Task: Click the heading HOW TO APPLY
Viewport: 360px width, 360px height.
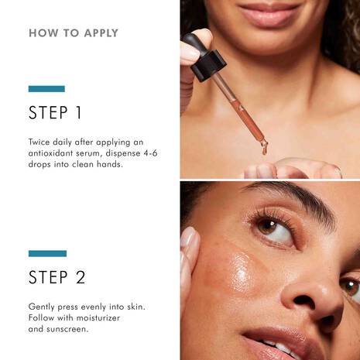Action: (x=74, y=33)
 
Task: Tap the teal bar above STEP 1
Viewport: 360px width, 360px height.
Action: (x=46, y=89)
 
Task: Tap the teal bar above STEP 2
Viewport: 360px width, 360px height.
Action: (x=47, y=253)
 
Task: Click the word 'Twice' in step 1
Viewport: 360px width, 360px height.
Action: (x=43, y=142)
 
